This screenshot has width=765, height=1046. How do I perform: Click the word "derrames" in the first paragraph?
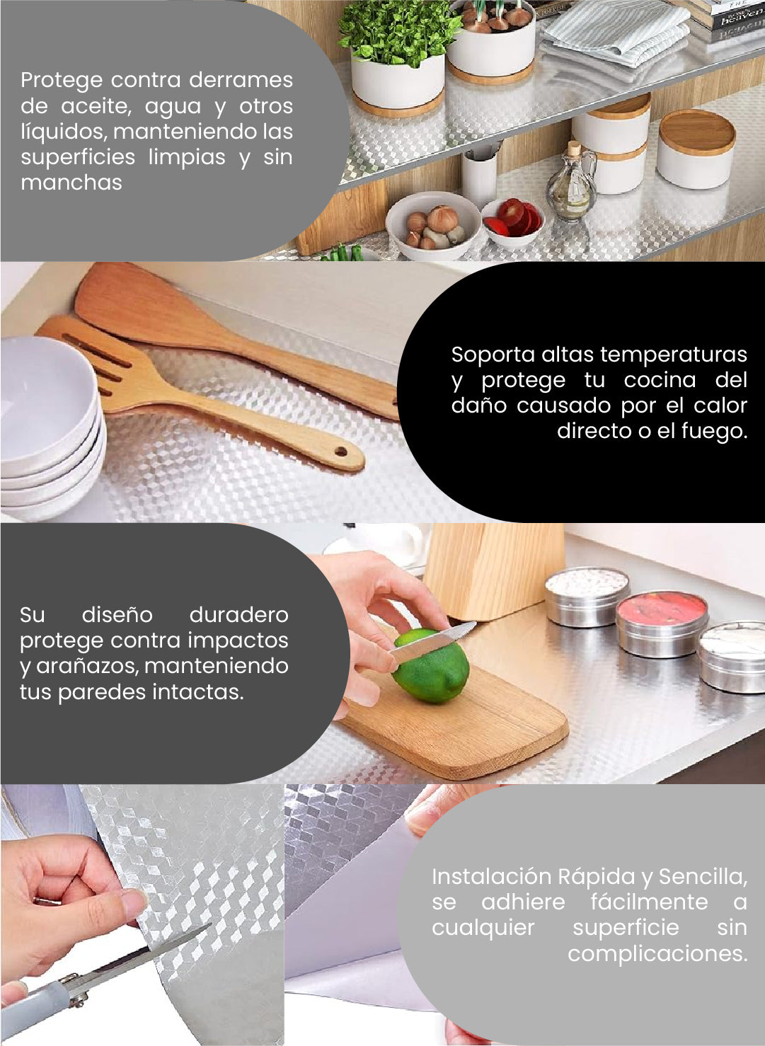[241, 80]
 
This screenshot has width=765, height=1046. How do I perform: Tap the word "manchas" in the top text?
[71, 183]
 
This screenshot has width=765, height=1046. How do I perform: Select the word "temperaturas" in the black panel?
[674, 355]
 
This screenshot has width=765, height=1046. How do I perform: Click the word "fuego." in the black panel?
[714, 431]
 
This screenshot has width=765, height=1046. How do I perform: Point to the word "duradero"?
[238, 615]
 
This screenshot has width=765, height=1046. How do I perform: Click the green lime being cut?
[432, 667]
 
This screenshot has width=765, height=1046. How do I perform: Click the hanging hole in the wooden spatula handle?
[340, 452]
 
